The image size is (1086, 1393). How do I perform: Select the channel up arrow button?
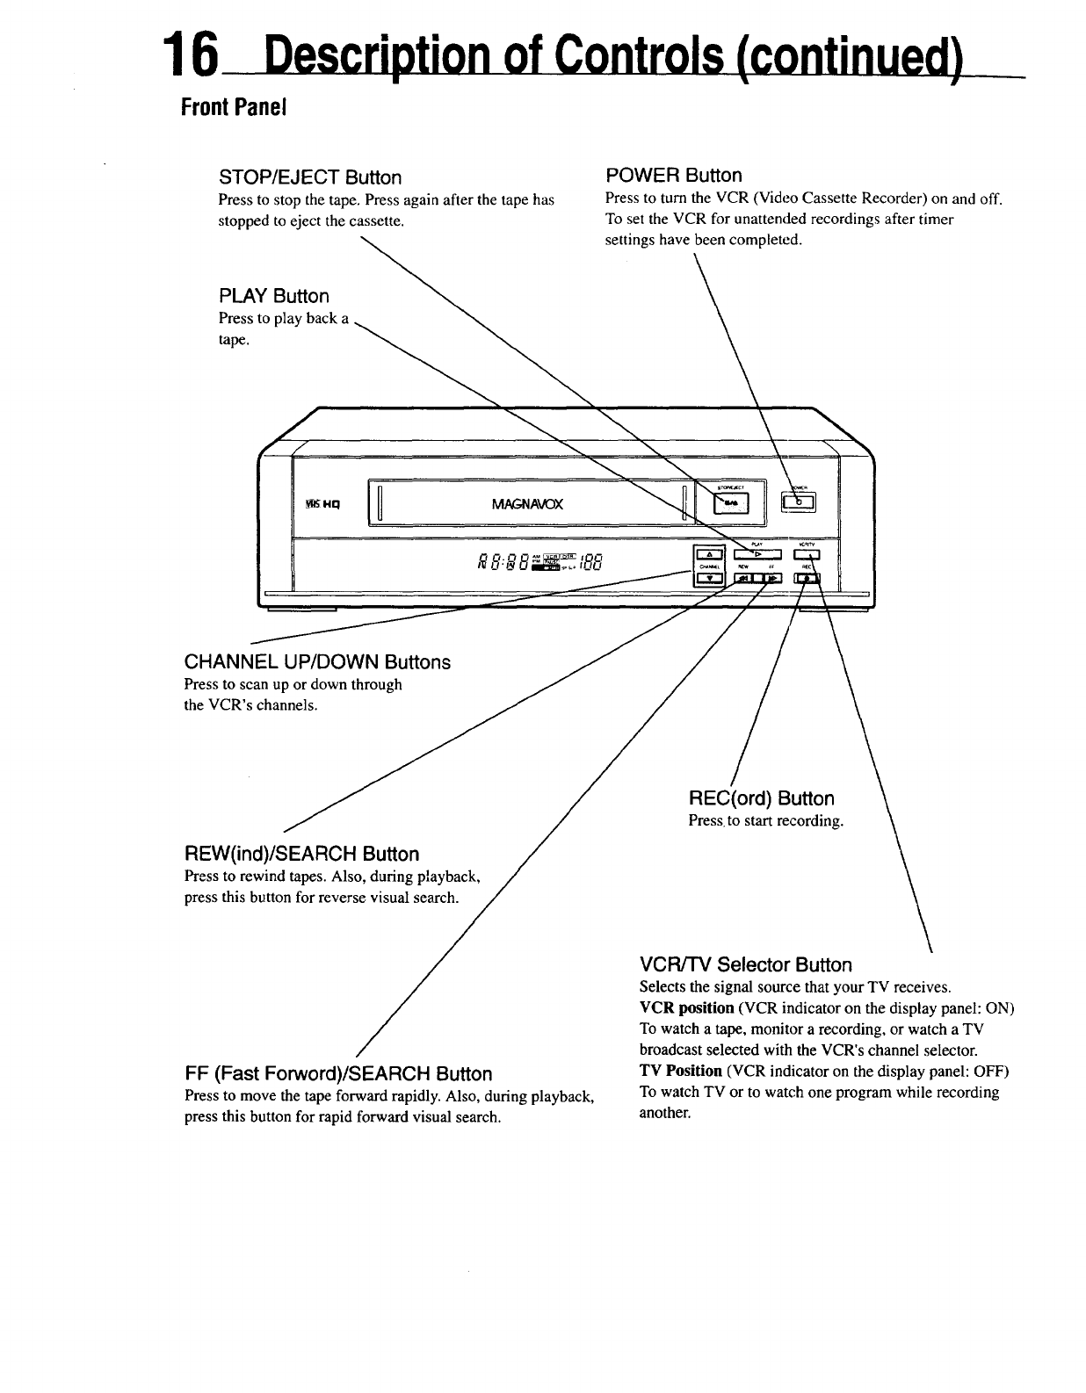click(x=707, y=552)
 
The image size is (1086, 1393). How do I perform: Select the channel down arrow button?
click(x=707, y=578)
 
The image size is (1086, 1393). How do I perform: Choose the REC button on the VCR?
click(x=806, y=578)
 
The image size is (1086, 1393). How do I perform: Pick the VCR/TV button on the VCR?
click(x=806, y=552)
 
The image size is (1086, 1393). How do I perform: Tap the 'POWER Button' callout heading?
click(x=674, y=175)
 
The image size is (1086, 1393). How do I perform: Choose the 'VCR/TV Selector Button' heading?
click(x=745, y=965)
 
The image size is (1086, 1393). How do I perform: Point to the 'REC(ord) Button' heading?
click(x=761, y=798)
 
